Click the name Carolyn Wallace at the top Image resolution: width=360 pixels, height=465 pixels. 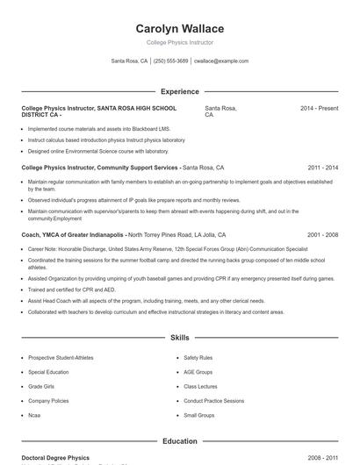click(x=179, y=28)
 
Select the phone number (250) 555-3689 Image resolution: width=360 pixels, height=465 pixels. click(x=170, y=61)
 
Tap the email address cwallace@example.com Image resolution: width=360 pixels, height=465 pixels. click(x=221, y=61)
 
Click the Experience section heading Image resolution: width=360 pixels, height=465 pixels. click(x=179, y=91)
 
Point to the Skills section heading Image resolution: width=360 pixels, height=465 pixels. click(x=179, y=337)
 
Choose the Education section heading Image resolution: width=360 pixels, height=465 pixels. click(x=179, y=441)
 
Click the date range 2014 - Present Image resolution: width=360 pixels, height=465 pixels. click(x=319, y=108)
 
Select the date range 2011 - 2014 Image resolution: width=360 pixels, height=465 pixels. click(x=322, y=167)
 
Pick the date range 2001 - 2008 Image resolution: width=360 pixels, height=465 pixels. click(x=322, y=235)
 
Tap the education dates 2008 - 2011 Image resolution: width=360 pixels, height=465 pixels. click(x=322, y=458)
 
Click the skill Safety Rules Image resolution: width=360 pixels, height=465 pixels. click(x=198, y=358)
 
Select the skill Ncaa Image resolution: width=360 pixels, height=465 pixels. click(x=35, y=414)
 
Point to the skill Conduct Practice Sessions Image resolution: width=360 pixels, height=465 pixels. click(x=214, y=400)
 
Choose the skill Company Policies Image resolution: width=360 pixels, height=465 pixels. click(x=48, y=400)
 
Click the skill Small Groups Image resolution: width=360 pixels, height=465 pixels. click(x=198, y=414)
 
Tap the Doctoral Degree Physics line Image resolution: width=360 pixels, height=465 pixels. click(x=55, y=458)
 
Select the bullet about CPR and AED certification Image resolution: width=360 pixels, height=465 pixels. click(x=71, y=290)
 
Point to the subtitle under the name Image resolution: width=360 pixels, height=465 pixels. click(x=179, y=42)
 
